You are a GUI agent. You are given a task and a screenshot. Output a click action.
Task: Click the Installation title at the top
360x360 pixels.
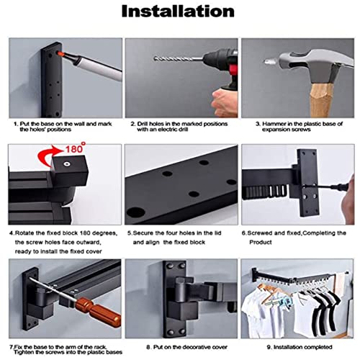coord(178,12)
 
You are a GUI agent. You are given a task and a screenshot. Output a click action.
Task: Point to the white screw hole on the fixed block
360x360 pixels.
coord(66,164)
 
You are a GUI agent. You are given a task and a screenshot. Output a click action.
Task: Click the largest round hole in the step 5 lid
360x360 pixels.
coord(136,212)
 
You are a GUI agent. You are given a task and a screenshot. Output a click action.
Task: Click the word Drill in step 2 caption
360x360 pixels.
coord(143,124)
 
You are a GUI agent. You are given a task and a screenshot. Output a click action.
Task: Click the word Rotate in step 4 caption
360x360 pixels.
coord(24,233)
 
